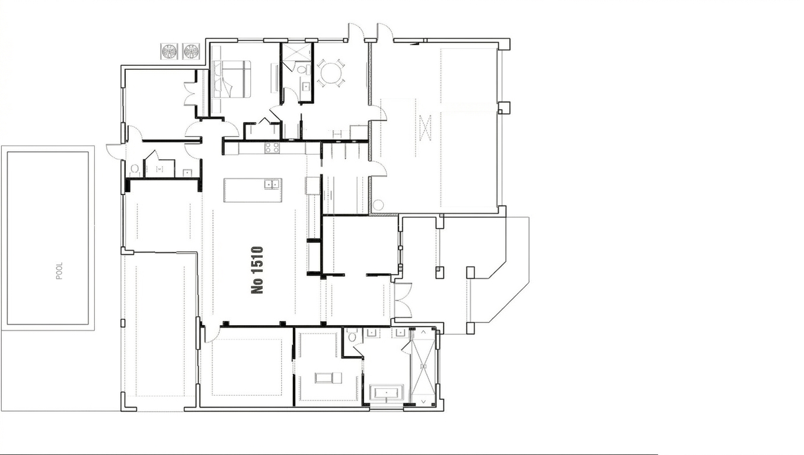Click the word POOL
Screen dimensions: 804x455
click(59, 271)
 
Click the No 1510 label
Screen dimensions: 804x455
click(257, 270)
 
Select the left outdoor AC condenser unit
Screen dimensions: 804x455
click(169, 52)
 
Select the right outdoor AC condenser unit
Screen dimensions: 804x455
click(192, 52)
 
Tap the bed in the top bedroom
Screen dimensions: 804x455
click(231, 79)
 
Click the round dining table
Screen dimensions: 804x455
click(331, 73)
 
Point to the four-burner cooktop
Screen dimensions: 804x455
click(272, 148)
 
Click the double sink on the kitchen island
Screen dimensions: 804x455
click(272, 184)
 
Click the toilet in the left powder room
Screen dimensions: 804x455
click(134, 168)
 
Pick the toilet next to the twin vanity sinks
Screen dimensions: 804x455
click(352, 337)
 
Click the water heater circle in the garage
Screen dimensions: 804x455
click(378, 206)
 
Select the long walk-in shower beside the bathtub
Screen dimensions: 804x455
click(423, 366)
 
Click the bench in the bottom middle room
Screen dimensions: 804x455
click(328, 378)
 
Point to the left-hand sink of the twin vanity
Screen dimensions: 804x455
click(372, 333)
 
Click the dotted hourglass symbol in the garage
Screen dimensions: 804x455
click(425, 128)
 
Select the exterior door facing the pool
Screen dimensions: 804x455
click(116, 150)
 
